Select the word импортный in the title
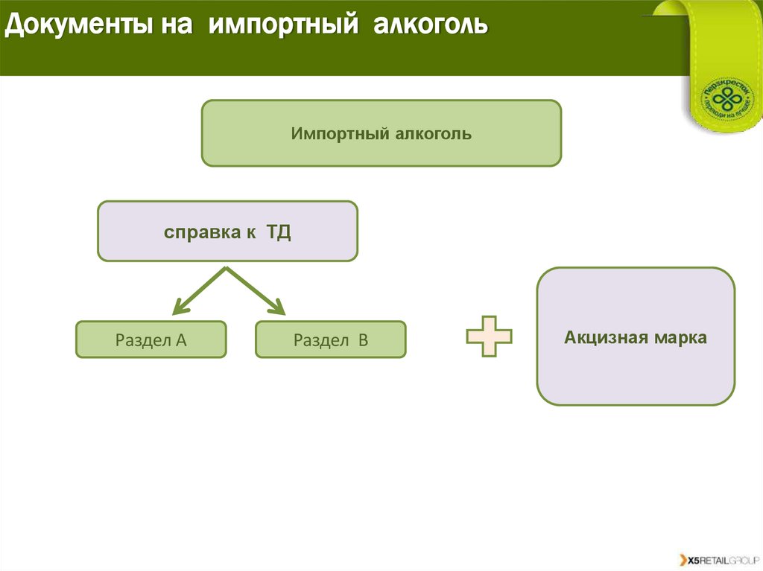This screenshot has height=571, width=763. pyautogui.click(x=279, y=26)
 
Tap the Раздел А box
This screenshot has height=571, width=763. pyautogui.click(x=151, y=339)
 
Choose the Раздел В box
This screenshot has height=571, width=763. pyautogui.click(x=331, y=339)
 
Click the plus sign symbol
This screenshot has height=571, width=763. pyautogui.click(x=489, y=336)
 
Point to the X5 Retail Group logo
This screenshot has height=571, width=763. pyautogui.click(x=717, y=559)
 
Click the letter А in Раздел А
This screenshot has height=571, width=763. pyautogui.click(x=180, y=340)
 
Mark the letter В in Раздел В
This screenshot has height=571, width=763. pyautogui.click(x=363, y=340)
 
